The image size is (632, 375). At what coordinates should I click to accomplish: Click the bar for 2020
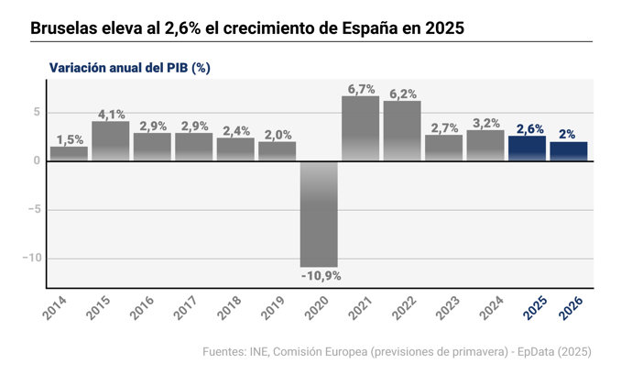click(319, 213)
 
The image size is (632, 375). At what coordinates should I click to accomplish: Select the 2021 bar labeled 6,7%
click(360, 128)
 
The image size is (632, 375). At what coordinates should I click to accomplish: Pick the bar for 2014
click(69, 153)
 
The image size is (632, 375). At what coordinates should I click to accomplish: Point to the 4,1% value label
click(110, 115)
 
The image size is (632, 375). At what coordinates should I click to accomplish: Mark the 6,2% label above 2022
click(402, 94)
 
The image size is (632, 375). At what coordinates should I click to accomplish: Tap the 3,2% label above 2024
click(485, 123)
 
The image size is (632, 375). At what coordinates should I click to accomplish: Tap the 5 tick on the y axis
click(36, 113)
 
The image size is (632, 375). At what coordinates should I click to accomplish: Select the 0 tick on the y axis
click(36, 161)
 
